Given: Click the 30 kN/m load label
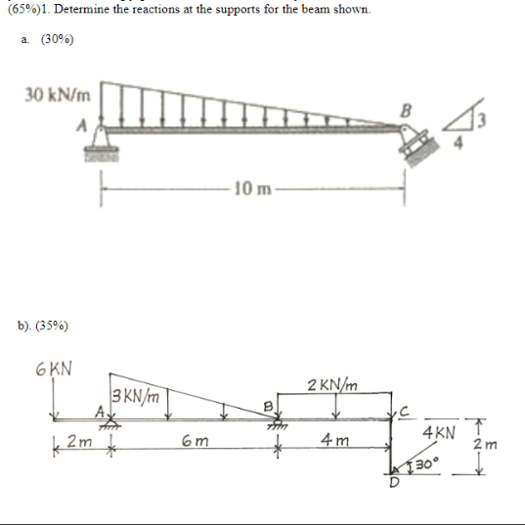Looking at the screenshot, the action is tap(58, 95).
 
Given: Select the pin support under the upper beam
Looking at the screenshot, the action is tap(101, 144).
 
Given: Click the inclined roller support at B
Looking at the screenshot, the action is tap(416, 144).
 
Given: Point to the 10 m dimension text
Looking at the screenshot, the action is tap(252, 189).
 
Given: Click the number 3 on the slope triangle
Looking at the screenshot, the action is tap(481, 120).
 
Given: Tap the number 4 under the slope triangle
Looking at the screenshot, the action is tap(459, 144).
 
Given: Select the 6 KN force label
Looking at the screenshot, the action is tap(54, 369).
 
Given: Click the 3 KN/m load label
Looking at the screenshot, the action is tap(135, 397).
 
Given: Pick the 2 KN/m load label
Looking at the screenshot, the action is tap(332, 385).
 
